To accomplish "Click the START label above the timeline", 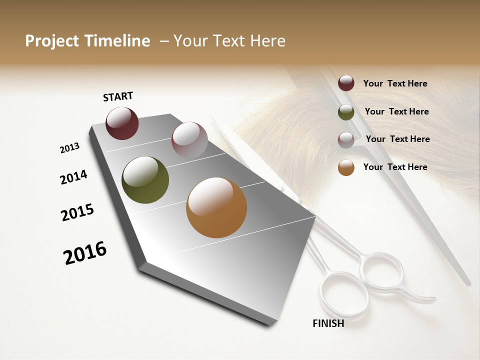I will (x=118, y=96).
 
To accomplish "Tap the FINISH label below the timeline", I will (x=328, y=323).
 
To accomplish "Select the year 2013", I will (x=69, y=148).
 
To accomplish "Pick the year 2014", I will (x=73, y=177).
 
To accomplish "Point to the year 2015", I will (x=77, y=212).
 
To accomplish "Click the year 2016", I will (x=85, y=253).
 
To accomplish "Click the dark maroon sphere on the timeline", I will (x=122, y=123).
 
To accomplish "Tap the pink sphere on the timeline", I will (x=189, y=140).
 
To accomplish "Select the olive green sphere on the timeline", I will (x=145, y=180).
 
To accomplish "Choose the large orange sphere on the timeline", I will (x=216, y=207).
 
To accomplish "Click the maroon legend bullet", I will (x=346, y=83).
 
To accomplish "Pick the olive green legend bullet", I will (x=346, y=112).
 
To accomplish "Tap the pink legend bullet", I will (x=346, y=140).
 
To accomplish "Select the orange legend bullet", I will (x=346, y=167).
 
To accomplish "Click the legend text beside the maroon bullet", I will (x=395, y=83).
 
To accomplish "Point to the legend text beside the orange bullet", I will (x=395, y=167).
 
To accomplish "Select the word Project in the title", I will (x=52, y=41).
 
